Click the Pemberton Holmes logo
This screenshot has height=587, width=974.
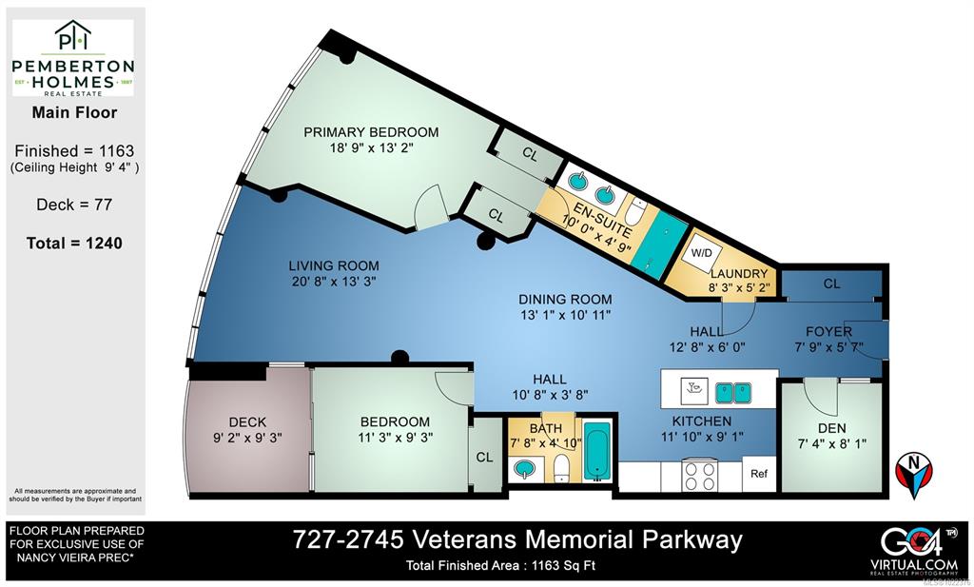(72, 57)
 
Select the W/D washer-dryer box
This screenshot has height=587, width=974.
(703, 254)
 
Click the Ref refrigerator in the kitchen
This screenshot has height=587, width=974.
(759, 474)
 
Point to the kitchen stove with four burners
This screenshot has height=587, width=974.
(700, 475)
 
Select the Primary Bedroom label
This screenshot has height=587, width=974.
(371, 132)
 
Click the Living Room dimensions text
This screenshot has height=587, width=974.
(334, 282)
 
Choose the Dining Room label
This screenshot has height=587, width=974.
(565, 299)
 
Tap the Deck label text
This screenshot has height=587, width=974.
(247, 421)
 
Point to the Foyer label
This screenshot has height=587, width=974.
(828, 331)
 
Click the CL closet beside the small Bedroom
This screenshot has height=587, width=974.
(484, 457)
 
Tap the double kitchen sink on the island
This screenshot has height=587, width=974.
(733, 390)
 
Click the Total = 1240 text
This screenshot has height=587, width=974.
(74, 243)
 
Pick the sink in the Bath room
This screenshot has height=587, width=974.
(525, 467)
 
